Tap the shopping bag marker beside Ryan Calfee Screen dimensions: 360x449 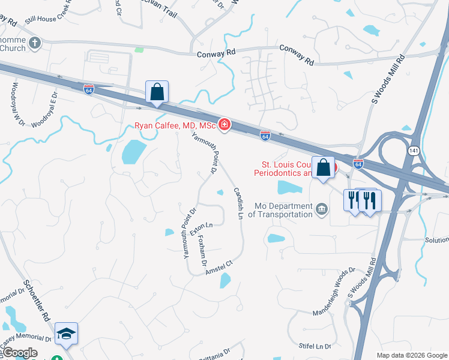[x=157, y=92]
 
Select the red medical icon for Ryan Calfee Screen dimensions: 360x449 [x=224, y=124]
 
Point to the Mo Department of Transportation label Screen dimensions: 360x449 [x=280, y=209]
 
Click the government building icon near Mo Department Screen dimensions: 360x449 [x=322, y=209]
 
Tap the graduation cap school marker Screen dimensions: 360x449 [x=66, y=334]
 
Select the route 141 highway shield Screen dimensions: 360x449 [x=414, y=151]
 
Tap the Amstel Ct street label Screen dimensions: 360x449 [x=218, y=267]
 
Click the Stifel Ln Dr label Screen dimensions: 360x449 [x=315, y=346]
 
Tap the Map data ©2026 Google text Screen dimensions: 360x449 [x=412, y=355]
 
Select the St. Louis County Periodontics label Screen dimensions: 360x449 [x=286, y=169]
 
